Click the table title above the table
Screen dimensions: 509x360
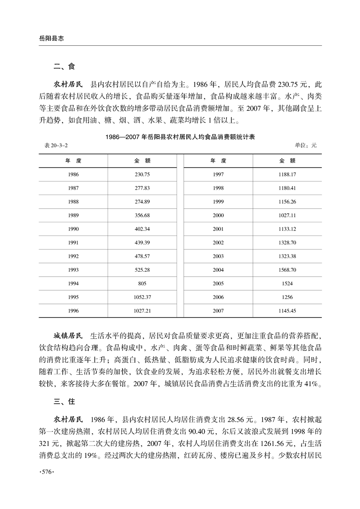pos(180,136)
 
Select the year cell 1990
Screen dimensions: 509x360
pos(72,229)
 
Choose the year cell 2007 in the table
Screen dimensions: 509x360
pos(218,311)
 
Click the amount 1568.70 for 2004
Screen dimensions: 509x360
pos(287,270)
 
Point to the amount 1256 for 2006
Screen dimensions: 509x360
pos(287,297)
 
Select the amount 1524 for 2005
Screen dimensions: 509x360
pos(287,284)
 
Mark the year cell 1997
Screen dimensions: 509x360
pos(218,174)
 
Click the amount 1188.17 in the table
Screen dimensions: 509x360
pos(287,174)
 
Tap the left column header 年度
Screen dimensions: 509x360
pos(72,161)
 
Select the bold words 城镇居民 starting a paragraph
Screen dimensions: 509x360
pos(68,336)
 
